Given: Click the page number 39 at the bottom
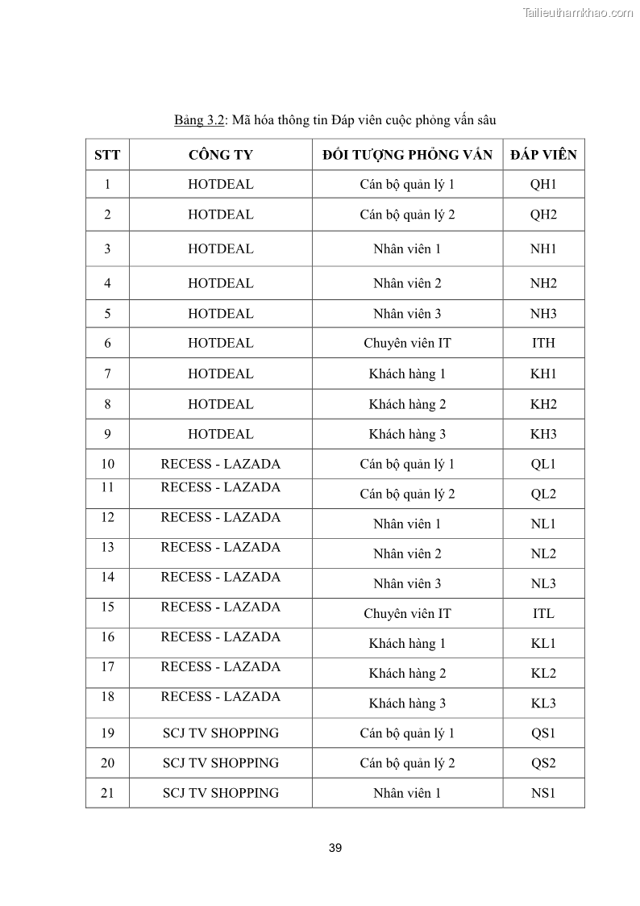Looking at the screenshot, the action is point(335,848).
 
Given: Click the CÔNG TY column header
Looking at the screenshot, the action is point(220,155).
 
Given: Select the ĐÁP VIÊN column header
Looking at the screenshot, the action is point(543,155).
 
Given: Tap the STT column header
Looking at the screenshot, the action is point(107,155).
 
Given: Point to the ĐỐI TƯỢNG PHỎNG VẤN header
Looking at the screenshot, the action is point(407,155).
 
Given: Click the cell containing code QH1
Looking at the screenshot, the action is point(543,185).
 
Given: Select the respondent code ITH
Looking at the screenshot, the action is point(543,343).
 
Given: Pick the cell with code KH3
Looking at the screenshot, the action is point(543,434).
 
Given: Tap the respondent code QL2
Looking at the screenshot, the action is point(543,494).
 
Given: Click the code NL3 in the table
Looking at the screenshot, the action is point(543,583).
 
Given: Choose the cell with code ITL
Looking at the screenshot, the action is point(543,613).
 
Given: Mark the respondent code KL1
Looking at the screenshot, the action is point(543,643).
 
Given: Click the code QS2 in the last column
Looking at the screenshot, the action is point(543,763).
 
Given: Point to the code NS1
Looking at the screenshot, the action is point(543,793).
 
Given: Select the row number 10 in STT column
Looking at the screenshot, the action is point(107,464).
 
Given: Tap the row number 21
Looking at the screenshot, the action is point(107,793).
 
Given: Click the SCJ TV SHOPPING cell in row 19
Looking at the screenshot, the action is point(220,733).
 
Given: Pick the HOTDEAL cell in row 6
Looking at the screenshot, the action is point(220,343).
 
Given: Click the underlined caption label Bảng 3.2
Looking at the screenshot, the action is point(198,121).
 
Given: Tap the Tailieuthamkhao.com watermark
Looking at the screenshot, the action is point(577,13).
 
